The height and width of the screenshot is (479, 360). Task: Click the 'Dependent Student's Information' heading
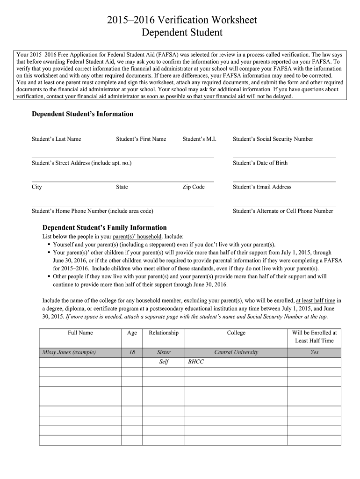coord(82,114)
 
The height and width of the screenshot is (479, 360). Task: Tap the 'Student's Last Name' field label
coord(56,139)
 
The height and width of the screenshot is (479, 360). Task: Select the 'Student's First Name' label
coord(141,139)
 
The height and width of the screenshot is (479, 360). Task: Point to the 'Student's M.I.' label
coord(199,139)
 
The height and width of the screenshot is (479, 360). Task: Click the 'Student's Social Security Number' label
coord(273,139)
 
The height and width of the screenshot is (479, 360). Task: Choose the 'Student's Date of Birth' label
coord(260,163)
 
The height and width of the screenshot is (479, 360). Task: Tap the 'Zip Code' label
coord(194,187)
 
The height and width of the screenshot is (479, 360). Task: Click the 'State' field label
coord(122,187)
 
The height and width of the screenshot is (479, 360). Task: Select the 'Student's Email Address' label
coord(262,187)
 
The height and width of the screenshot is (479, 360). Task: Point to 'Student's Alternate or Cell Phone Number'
coord(283,211)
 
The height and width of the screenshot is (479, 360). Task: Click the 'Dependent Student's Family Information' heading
coord(105,227)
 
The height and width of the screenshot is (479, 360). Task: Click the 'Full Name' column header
coord(80,333)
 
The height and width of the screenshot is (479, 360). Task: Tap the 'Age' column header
coord(132,333)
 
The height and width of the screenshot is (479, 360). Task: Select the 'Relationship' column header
coord(164,333)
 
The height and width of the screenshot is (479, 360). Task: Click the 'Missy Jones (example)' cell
coord(69,352)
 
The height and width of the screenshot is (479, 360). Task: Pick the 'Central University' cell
coord(236,352)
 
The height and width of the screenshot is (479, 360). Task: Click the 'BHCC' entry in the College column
coord(196,362)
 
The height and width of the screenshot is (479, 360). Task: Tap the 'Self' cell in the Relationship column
coord(164,362)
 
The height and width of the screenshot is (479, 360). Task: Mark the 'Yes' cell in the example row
coord(314,352)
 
